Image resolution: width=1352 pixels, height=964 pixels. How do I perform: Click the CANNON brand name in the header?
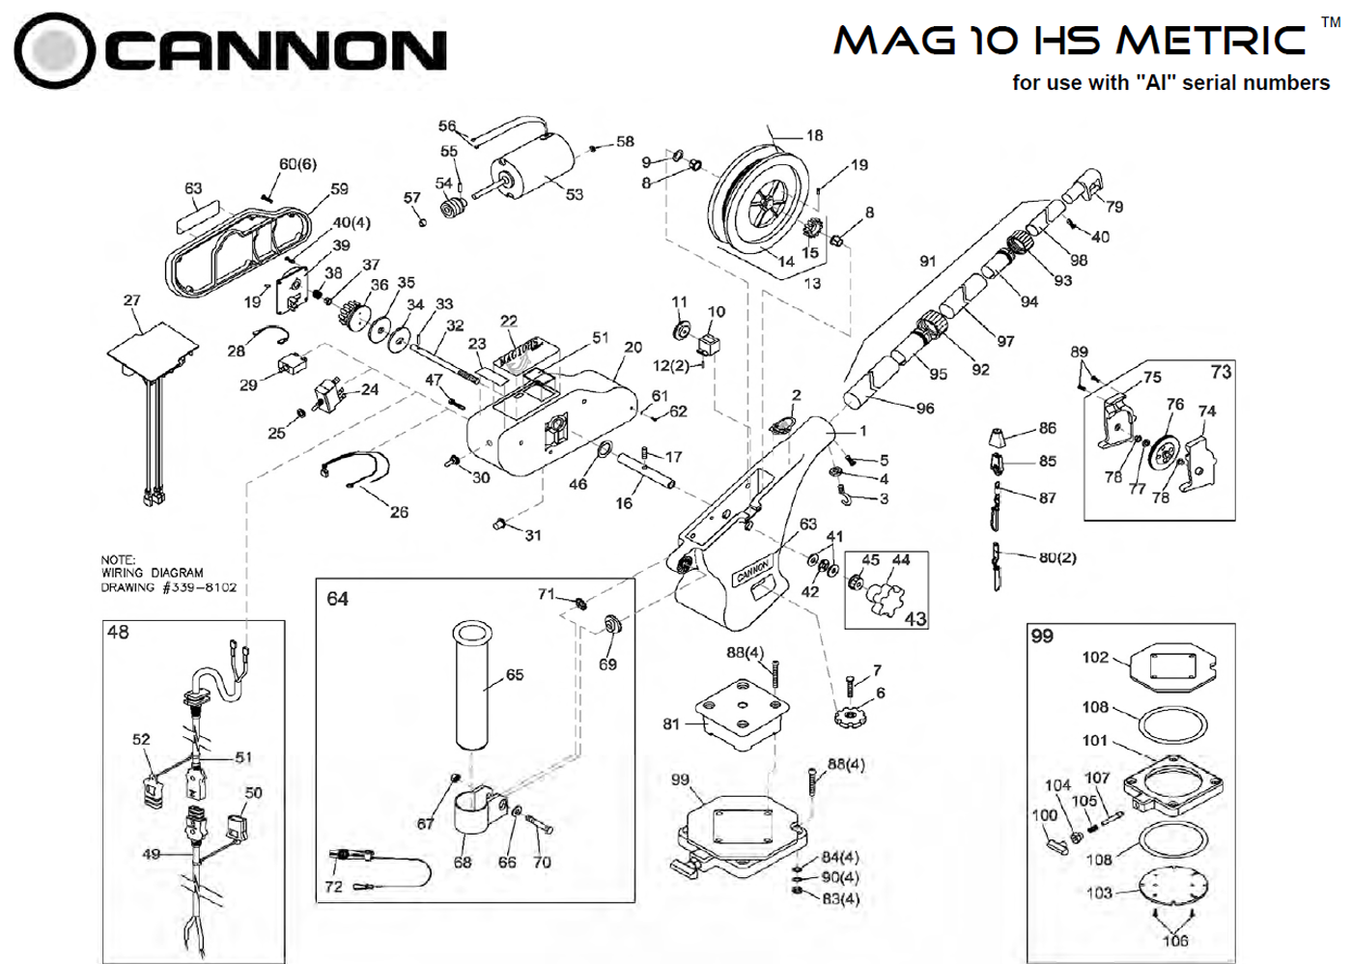[274, 50]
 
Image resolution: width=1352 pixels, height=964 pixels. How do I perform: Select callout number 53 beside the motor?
[575, 194]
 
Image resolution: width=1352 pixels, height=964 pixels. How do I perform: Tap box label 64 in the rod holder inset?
[337, 599]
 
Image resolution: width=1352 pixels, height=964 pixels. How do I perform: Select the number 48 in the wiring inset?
[118, 632]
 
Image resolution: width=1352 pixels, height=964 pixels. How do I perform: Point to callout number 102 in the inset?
[1095, 657]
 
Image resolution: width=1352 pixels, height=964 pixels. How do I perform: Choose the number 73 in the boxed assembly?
[1221, 372]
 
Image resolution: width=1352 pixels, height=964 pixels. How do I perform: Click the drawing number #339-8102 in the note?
[199, 586]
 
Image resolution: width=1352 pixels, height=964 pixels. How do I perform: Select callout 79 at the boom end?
[1114, 207]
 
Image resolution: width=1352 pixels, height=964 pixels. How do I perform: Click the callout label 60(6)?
[297, 164]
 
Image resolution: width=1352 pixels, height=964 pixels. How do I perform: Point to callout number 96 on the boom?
[925, 409]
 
